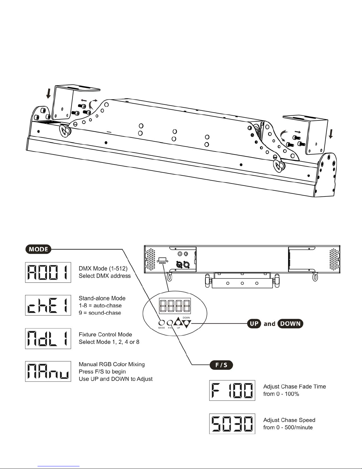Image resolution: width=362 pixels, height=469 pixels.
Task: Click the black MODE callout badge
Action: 38,249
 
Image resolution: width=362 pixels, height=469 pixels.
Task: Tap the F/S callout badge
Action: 221,365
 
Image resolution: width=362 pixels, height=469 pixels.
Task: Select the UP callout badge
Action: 254,323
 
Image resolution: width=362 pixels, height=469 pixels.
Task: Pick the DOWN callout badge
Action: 290,323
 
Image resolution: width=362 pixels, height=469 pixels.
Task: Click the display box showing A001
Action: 48,273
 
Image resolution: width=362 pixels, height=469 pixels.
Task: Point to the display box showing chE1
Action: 48,305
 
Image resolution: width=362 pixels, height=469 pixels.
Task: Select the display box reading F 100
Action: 232,390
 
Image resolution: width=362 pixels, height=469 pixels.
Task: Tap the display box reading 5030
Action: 232,424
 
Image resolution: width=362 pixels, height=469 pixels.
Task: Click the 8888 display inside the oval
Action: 175,306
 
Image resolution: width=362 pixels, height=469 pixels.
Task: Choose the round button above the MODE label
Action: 162,323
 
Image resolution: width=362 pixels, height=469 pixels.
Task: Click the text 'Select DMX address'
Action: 105,276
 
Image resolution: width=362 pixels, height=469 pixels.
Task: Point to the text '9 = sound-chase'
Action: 100,313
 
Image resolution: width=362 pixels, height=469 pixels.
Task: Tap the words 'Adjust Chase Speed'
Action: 289,420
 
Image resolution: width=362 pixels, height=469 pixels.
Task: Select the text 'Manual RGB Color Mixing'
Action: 112,364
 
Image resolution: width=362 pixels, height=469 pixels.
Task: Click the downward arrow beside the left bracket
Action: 49,93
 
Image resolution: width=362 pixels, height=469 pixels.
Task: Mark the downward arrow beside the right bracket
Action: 331,134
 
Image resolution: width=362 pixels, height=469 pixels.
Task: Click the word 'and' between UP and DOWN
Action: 269,324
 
